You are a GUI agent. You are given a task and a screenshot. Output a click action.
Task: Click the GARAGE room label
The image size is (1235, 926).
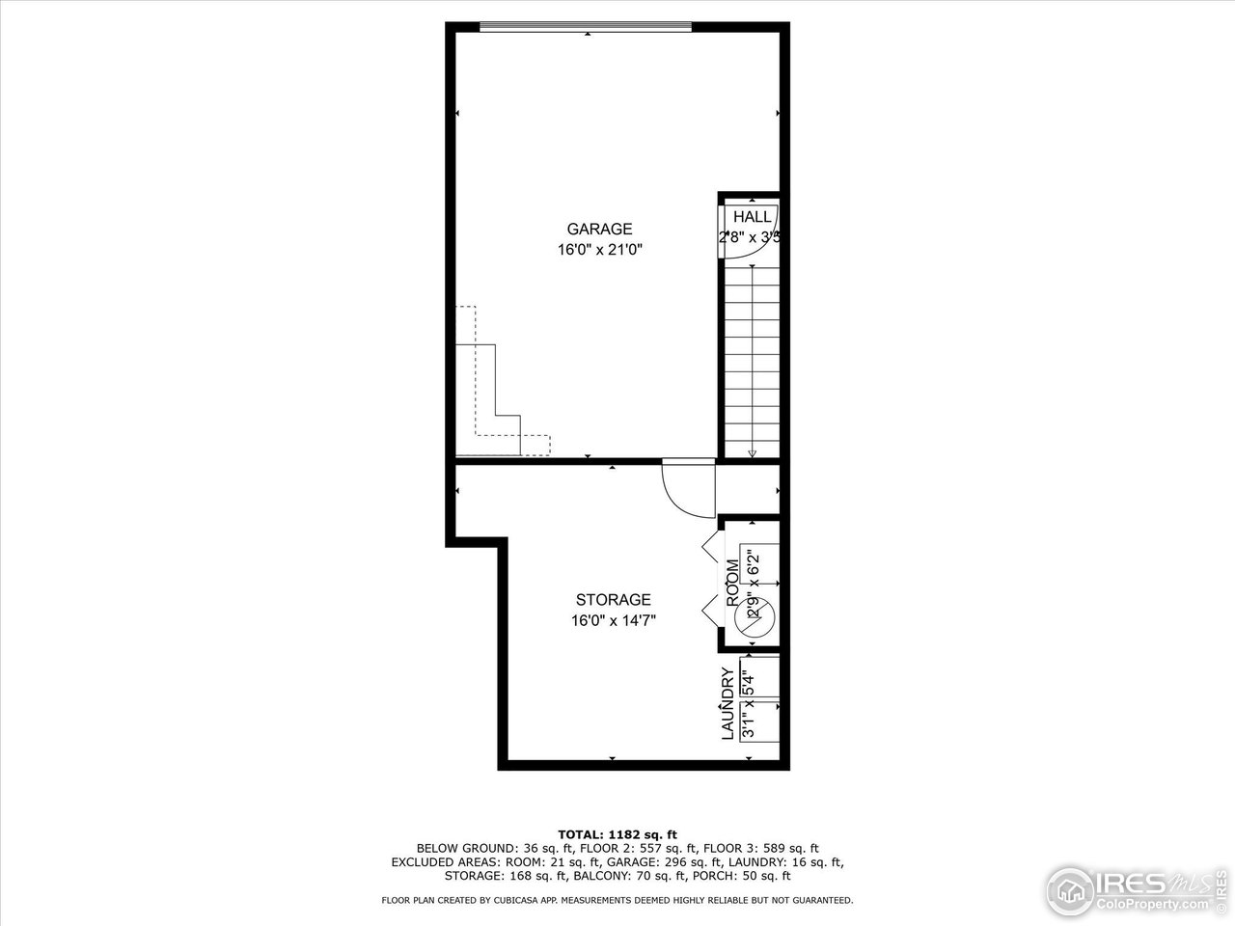pyautogui.click(x=599, y=229)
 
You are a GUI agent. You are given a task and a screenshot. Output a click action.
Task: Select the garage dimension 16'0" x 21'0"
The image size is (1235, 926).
pyautogui.click(x=599, y=250)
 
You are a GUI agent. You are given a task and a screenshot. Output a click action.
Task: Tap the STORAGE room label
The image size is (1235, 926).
pyautogui.click(x=613, y=600)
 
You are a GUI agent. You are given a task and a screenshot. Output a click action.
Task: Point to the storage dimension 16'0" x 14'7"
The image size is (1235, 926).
pyautogui.click(x=613, y=621)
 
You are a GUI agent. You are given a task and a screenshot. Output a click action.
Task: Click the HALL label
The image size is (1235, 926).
pyautogui.click(x=752, y=217)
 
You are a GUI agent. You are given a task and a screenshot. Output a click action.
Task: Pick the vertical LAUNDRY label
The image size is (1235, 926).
pyautogui.click(x=728, y=704)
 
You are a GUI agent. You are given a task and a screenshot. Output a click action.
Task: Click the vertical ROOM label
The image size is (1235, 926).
pyautogui.click(x=732, y=583)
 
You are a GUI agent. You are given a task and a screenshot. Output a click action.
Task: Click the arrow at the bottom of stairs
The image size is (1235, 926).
pyautogui.click(x=753, y=451)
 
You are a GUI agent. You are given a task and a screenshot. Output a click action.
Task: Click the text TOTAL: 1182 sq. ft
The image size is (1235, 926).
pyautogui.click(x=617, y=833)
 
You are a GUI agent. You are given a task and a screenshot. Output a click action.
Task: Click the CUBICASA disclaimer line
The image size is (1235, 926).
pyautogui.click(x=617, y=900)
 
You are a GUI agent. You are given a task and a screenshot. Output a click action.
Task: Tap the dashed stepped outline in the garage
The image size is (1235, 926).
pyautogui.click(x=502, y=405)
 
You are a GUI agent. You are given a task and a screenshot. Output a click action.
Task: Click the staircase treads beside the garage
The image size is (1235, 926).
pyautogui.click(x=752, y=357)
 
